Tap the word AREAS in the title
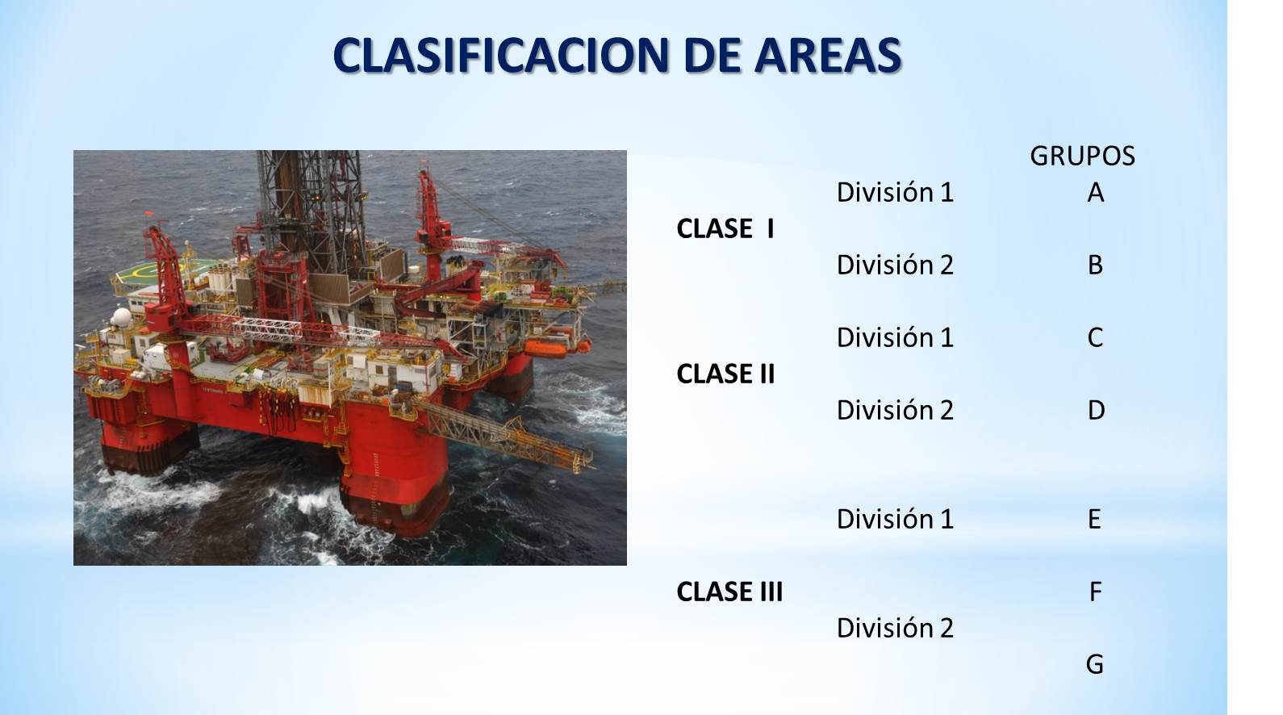click(828, 55)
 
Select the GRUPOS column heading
click(1082, 156)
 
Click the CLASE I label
click(725, 228)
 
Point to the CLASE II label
click(725, 374)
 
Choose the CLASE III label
click(729, 592)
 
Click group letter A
click(1095, 193)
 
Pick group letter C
click(1095, 337)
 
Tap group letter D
click(1096, 410)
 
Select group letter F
click(1095, 592)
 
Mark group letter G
click(1094, 665)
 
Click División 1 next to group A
click(895, 192)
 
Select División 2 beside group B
click(895, 265)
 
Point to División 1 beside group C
click(895, 337)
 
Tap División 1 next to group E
click(895, 519)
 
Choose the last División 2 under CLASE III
click(895, 628)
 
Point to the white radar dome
click(121, 317)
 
